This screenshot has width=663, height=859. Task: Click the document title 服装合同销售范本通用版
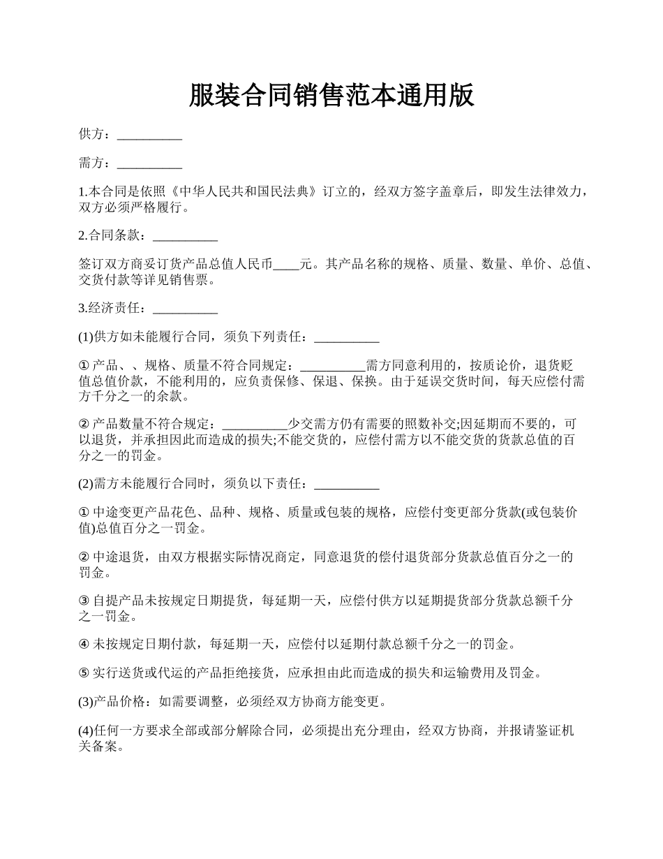[331, 96]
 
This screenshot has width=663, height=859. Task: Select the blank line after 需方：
[149, 165]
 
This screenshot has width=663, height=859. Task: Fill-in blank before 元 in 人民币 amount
[286, 266]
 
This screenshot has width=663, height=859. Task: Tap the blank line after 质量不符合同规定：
[332, 367]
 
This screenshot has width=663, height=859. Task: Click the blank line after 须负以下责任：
[347, 484]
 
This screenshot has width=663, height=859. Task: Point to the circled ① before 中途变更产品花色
[84, 513]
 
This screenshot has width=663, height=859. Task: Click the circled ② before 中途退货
[84, 557]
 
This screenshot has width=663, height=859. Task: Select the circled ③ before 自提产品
[84, 601]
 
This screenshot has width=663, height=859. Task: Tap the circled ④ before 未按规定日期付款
[84, 644]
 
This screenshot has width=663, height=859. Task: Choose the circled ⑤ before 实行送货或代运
[84, 673]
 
